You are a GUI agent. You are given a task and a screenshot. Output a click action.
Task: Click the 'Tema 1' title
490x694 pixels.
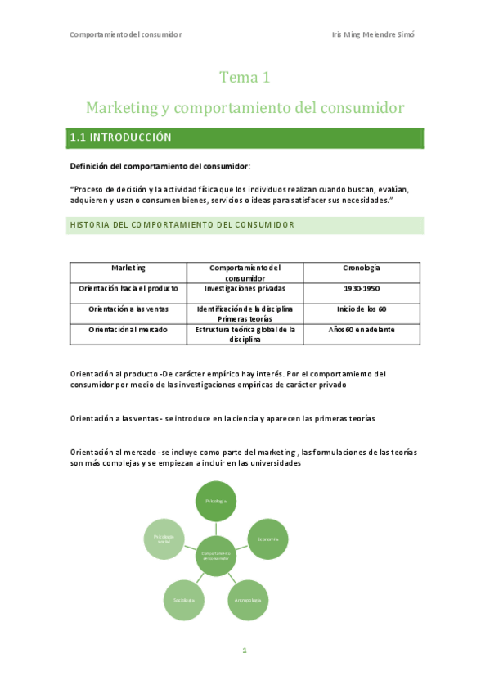pos(245,78)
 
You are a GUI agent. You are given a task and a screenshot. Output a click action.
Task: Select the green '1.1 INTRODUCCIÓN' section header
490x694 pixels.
pos(246,137)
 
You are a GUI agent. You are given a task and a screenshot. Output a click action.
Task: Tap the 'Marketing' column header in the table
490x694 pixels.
pos(128,268)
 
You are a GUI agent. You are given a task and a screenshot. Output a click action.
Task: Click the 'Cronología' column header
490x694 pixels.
pos(362,268)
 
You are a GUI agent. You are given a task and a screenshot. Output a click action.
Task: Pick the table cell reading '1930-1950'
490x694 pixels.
pos(362,288)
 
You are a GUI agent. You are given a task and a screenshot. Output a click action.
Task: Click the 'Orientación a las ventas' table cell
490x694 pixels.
pos(128,309)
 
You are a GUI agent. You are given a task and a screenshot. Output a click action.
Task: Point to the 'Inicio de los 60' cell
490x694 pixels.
pos(362,309)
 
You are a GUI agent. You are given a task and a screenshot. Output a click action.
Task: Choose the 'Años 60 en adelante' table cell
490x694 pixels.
pos(362,329)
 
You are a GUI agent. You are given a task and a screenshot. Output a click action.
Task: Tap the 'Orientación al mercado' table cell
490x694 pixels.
pos(128,329)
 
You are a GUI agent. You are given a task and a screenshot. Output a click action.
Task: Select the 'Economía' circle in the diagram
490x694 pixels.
pos(267,539)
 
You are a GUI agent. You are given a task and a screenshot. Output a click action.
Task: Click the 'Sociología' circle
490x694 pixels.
pos(183,600)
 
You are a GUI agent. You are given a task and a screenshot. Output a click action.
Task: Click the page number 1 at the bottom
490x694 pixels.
pos(245,651)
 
